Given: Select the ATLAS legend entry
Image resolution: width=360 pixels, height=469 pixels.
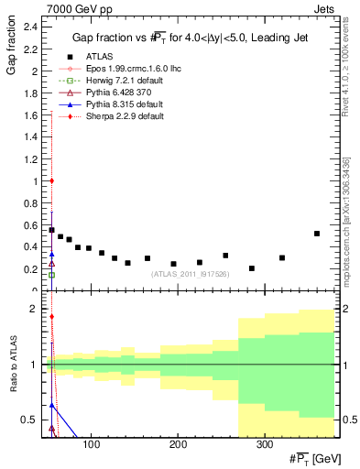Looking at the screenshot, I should click(102, 57).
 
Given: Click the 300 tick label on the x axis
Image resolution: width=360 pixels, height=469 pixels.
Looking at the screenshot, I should click(264, 444).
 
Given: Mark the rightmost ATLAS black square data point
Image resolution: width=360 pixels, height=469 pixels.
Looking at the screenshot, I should click(317, 234).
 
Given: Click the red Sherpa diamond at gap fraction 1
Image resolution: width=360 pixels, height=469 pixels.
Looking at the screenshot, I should click(51, 180).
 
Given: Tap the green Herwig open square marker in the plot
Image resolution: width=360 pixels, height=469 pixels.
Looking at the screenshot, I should click(51, 275).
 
